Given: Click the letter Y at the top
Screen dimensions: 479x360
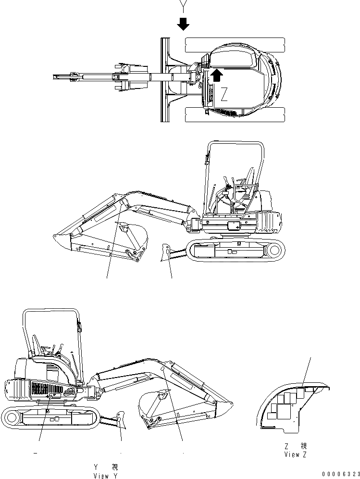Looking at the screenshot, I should click(183, 6).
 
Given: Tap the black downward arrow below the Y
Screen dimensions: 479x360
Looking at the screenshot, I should click(183, 24).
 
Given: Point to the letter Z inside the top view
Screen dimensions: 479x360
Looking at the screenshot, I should click(224, 95).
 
